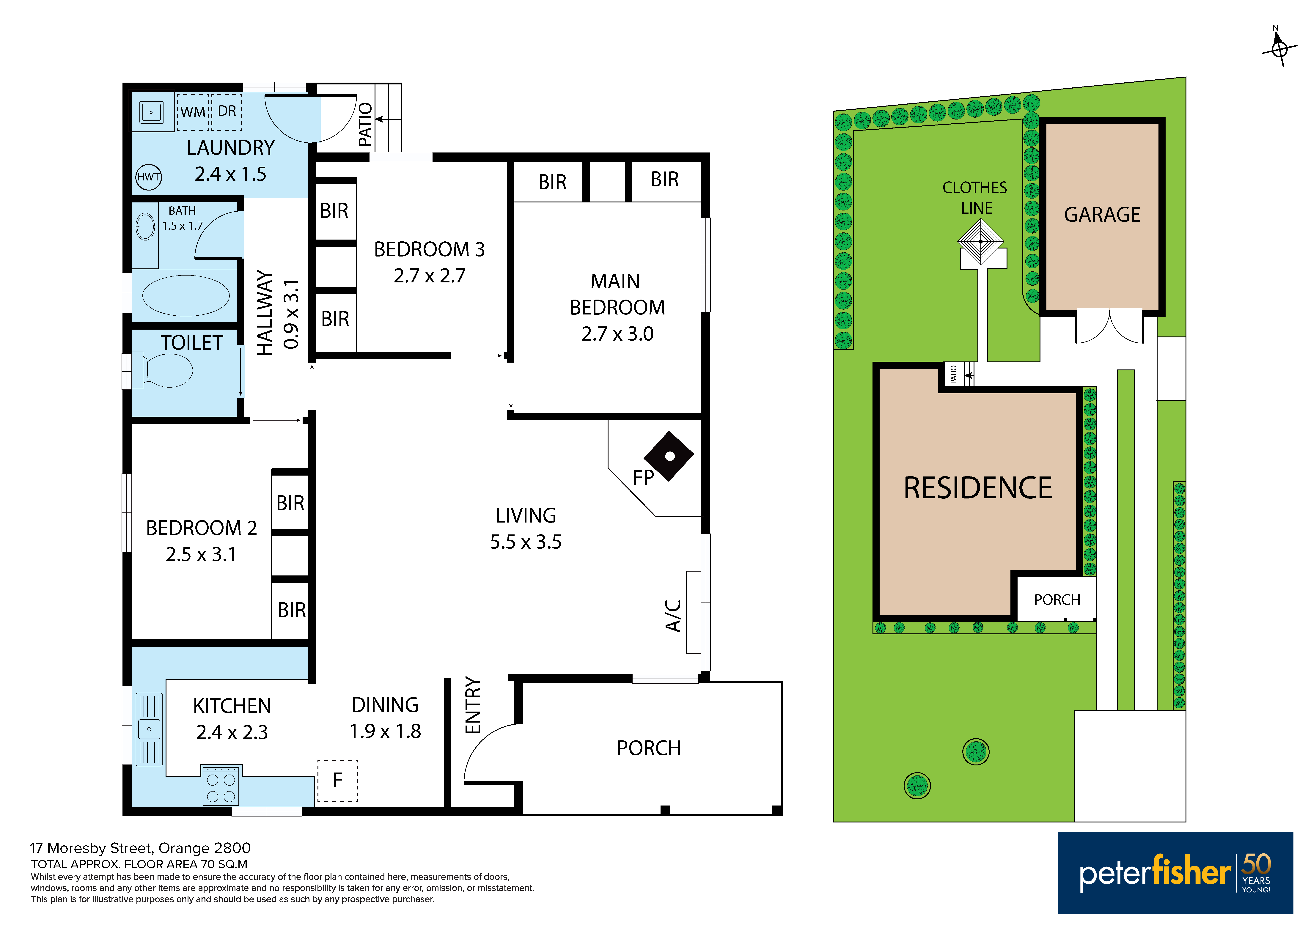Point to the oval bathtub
(186, 296)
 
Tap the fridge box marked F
(337, 780)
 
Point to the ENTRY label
(473, 705)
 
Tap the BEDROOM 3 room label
(429, 249)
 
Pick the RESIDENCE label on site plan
(978, 488)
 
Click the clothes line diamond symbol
(980, 241)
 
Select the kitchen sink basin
(149, 729)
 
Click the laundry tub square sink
(151, 112)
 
